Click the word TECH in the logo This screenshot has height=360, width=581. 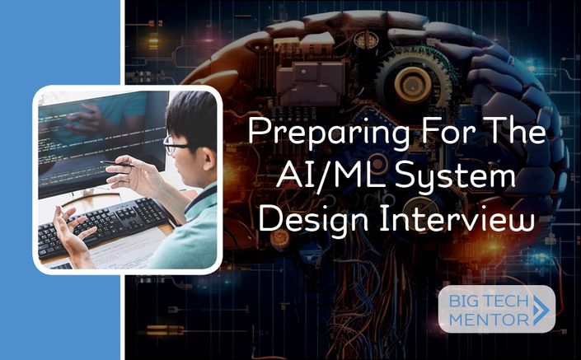coord(508,301)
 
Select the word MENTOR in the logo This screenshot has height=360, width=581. coord(489,320)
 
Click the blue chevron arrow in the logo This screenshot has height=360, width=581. coord(541,311)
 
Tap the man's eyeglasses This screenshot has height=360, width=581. coord(174,145)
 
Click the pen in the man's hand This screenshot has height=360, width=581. coord(117,163)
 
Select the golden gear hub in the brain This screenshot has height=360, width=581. coord(413,85)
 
